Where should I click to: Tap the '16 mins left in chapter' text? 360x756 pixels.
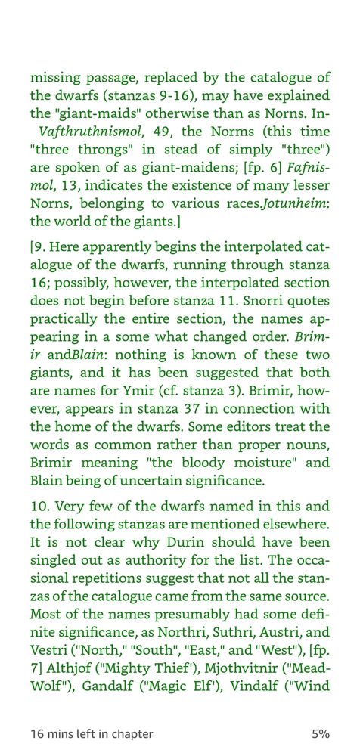[92, 734]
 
